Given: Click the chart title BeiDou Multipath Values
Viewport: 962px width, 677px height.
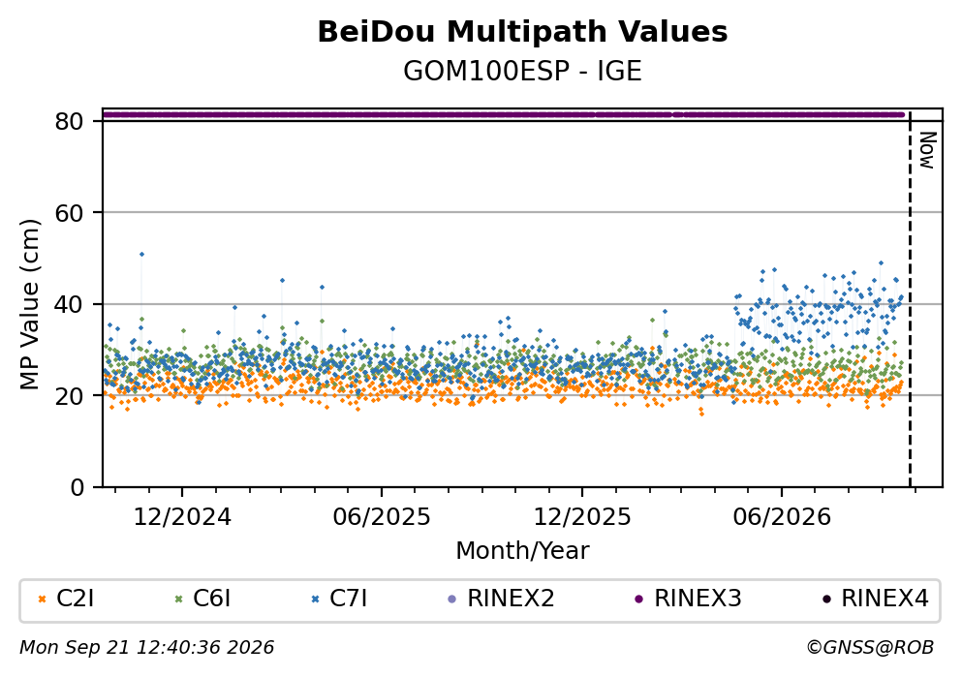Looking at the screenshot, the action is (522, 32).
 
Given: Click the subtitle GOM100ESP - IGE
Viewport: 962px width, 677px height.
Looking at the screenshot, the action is (522, 72).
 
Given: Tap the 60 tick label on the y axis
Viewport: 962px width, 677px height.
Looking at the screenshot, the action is (70, 213).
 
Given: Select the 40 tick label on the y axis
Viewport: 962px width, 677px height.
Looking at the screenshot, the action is (70, 304).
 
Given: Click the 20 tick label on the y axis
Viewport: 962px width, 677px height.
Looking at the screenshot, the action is (70, 395).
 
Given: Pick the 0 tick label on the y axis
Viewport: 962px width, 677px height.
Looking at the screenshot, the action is (78, 487).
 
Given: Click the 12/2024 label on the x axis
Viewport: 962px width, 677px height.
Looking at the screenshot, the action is (182, 517).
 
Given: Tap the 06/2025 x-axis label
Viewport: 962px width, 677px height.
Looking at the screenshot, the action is (382, 517).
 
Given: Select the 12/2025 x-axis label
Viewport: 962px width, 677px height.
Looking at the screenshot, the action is (581, 517).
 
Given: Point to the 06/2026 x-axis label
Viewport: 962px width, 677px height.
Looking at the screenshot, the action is (782, 517).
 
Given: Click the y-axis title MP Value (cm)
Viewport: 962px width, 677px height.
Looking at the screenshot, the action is (29, 304).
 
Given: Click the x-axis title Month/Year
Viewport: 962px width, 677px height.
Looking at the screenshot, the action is (522, 551).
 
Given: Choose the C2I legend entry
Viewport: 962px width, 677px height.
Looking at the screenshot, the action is (66, 599).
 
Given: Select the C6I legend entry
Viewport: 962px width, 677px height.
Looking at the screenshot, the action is (203, 599).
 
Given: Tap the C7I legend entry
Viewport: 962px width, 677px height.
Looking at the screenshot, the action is (340, 599).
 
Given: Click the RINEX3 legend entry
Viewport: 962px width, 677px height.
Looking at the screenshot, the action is (688, 599).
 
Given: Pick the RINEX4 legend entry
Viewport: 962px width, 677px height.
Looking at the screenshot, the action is (876, 599).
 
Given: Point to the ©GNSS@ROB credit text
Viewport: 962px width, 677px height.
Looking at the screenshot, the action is (870, 648).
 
